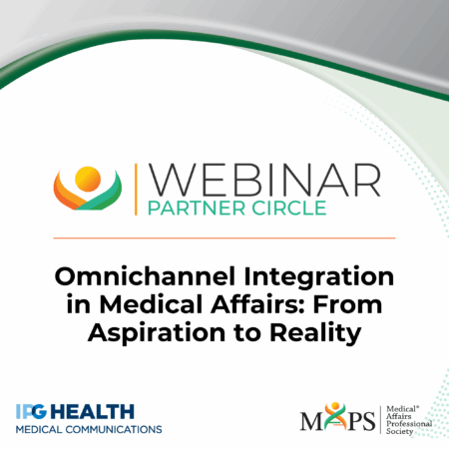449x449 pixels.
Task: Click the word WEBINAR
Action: point(264,180)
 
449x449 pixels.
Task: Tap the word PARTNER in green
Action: point(197,209)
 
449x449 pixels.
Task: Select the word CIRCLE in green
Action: point(288,209)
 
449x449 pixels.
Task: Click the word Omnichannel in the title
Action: point(145,276)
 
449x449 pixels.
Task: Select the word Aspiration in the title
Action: point(157,333)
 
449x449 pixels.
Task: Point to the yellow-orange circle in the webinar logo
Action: point(88,179)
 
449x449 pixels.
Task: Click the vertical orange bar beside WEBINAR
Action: point(136,190)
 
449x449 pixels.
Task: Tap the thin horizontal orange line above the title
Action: point(224,238)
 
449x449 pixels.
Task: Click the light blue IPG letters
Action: point(31,412)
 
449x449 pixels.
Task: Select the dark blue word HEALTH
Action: point(92,412)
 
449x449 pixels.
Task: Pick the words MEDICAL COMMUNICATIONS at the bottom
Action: point(89,429)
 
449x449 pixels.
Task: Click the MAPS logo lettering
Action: point(337,417)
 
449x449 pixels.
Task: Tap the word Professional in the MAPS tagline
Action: point(409,424)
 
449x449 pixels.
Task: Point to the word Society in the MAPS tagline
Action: point(399,432)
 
